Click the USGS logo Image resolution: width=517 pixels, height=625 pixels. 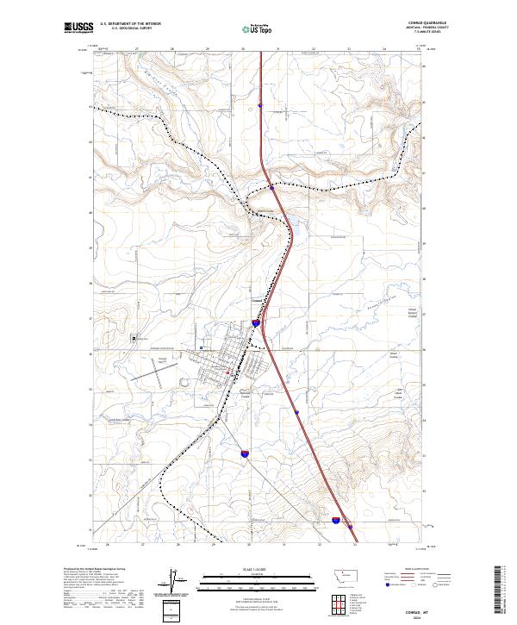pos(77,28)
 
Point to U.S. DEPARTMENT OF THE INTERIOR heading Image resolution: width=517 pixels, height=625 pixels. pos(130,23)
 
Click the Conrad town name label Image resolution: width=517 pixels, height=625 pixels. pos(256,301)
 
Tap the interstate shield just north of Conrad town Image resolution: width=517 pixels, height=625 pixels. pos(256,322)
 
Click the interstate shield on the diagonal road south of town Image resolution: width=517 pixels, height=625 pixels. pos(245,452)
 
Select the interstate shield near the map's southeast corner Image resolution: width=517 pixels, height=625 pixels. pos(335,520)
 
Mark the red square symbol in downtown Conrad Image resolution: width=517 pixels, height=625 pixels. pos(227,372)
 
